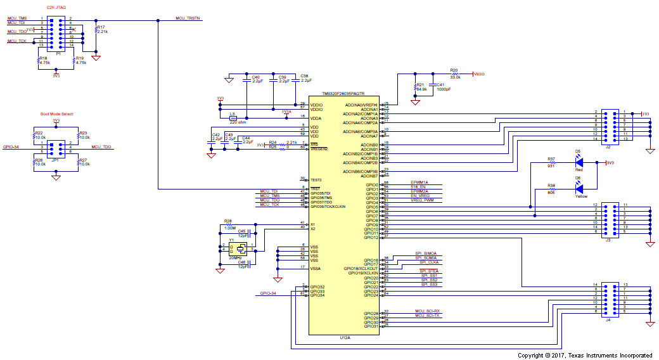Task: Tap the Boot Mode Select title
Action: pos(56,114)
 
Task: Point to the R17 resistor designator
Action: pos(101,27)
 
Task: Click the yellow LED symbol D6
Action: pos(578,188)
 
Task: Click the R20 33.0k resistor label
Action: pos(454,73)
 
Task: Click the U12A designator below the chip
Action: pos(345,338)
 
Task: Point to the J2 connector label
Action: pos(608,146)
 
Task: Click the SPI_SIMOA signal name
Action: pos(425,253)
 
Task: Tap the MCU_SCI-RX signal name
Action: pos(427,311)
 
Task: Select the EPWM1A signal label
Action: pos(419,182)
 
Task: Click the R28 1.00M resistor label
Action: pos(228,224)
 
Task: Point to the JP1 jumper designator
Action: pos(55,160)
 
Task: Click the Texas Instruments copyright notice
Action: pos(585,355)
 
